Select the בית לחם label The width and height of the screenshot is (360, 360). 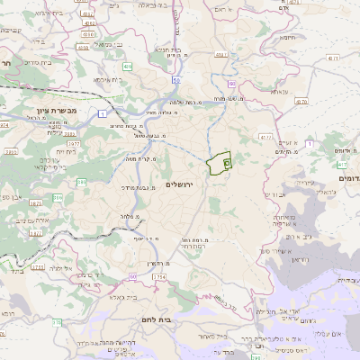185,320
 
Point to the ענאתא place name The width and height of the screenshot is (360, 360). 280,91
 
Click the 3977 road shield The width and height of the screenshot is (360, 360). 74,141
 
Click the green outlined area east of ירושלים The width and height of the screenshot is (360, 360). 216,165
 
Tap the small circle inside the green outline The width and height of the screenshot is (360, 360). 227,163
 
